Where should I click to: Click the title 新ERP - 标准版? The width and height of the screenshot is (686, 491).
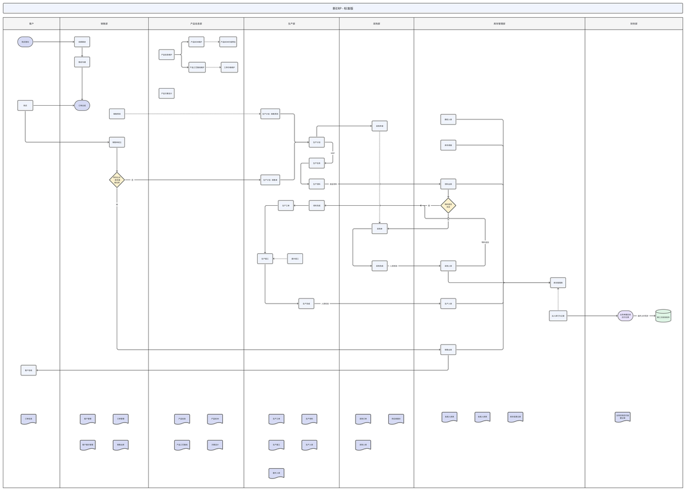343,9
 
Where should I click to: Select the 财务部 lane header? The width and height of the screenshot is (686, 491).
633,24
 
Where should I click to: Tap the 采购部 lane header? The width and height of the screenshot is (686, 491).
376,24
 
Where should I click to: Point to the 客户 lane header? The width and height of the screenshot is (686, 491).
31,24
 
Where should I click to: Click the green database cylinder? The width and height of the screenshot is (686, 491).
663,316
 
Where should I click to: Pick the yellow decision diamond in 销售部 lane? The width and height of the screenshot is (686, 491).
117,180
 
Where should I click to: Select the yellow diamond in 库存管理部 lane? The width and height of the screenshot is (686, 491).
448,205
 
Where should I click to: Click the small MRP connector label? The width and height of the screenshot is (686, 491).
333,153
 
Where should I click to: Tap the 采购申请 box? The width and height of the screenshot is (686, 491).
380,126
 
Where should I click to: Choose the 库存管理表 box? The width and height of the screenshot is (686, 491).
558,282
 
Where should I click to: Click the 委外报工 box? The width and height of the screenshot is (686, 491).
295,259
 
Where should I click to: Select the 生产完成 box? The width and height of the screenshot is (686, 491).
306,304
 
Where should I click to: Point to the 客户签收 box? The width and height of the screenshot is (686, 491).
29,370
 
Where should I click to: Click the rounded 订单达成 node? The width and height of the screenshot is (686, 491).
82,106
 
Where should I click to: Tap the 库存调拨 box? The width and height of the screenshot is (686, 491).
448,145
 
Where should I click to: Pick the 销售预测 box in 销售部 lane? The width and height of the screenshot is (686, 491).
117,114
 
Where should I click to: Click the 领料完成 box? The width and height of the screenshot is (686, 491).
317,205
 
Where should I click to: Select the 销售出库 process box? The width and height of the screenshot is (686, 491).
448,349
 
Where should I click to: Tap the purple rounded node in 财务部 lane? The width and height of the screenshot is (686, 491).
625,316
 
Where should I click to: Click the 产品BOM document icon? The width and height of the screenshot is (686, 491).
215,419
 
